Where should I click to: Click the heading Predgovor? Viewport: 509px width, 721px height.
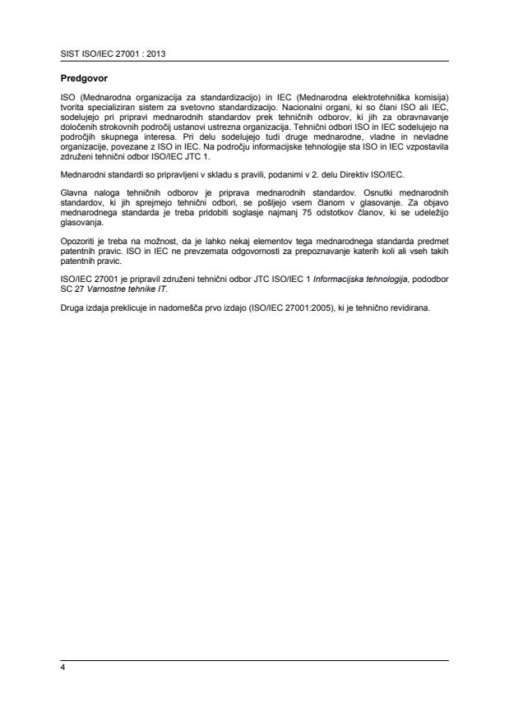(83, 81)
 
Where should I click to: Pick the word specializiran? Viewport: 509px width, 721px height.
(111, 108)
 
